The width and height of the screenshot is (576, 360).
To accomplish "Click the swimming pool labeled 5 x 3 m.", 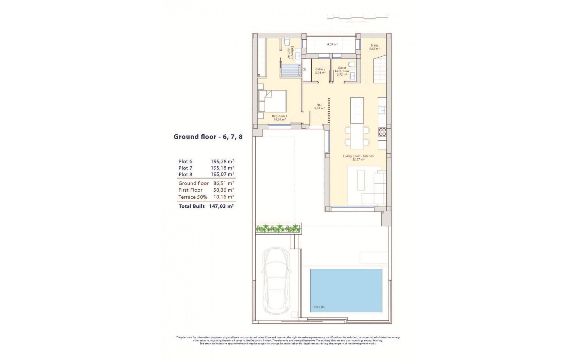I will coord(346,290).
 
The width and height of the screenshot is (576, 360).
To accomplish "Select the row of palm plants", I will coord(278,229).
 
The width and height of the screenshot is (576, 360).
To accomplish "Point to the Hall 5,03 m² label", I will coord(319,106).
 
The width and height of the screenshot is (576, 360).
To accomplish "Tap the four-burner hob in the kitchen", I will coord(382,132).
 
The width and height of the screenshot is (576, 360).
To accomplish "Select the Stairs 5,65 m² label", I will coord(374,47).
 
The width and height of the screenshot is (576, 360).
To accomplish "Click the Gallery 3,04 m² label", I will coord(320,71).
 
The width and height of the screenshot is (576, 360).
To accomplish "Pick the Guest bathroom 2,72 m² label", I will coord(342,71).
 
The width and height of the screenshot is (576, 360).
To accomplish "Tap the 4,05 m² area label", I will coord(332,44).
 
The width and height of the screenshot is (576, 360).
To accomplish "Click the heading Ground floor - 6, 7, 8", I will coord(208,137).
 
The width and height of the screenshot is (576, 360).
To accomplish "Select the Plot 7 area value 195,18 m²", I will coord(222,168).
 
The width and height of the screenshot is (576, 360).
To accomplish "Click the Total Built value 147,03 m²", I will coord(221,206).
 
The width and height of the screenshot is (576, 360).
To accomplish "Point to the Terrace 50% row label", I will coord(193,197).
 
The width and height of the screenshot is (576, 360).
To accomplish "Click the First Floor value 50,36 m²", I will coord(222,190).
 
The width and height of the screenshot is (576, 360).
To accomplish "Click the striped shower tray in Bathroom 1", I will coord(80,70).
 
